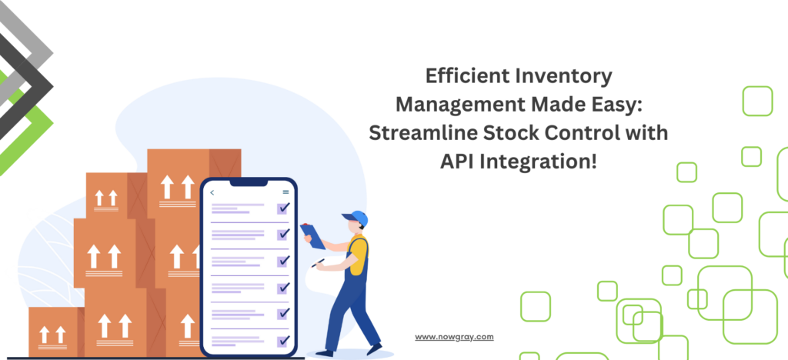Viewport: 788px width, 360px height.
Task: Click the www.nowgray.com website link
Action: pyautogui.click(x=454, y=337)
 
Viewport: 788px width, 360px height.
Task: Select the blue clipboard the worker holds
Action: pyautogui.click(x=313, y=236)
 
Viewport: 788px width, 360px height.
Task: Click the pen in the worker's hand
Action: pyautogui.click(x=318, y=262)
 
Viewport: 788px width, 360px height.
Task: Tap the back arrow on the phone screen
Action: pyautogui.click(x=212, y=192)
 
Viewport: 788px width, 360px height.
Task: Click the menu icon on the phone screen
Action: pyautogui.click(x=286, y=192)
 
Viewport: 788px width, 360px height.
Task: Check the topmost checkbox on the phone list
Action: pyautogui.click(x=283, y=208)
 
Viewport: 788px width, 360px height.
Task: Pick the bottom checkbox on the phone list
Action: pyautogui.click(x=283, y=341)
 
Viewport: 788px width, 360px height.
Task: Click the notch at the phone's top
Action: pyautogui.click(x=249, y=182)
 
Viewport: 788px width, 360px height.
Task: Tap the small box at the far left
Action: pyautogui.click(x=53, y=332)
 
